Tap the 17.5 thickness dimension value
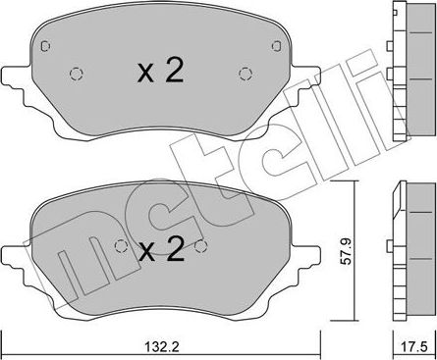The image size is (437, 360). coord(415,345)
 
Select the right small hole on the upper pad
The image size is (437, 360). coord(245,72)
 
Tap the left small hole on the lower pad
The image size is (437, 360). coord(121,246)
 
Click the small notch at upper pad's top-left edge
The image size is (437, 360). coord(43,44)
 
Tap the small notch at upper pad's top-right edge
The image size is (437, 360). coord(275,44)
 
